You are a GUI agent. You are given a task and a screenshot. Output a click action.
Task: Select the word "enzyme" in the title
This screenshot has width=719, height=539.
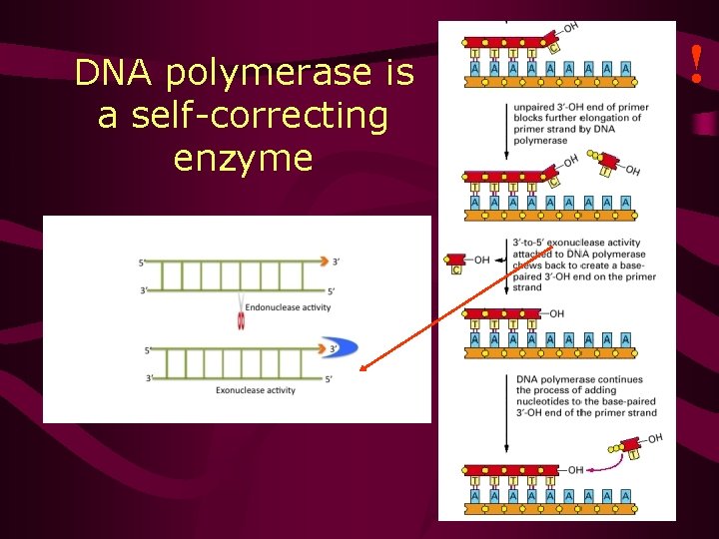tap(243, 159)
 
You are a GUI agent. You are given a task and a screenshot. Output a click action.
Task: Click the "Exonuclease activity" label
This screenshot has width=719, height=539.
tap(256, 390)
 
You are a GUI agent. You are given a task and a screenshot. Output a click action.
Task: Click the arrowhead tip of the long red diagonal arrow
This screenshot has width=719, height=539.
tap(362, 369)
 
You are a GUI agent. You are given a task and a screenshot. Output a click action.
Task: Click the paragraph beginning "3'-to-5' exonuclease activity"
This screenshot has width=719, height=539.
tap(583, 265)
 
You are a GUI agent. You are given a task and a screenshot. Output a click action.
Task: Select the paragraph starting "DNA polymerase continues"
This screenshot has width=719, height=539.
tap(585, 396)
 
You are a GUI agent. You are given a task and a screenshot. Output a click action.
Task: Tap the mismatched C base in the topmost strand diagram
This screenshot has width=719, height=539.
tap(554, 48)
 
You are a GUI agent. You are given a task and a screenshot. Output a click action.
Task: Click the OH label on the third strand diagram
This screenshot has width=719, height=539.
tap(556, 314)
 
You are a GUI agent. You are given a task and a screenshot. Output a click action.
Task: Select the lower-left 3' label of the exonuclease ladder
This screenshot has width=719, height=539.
tap(150, 378)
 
